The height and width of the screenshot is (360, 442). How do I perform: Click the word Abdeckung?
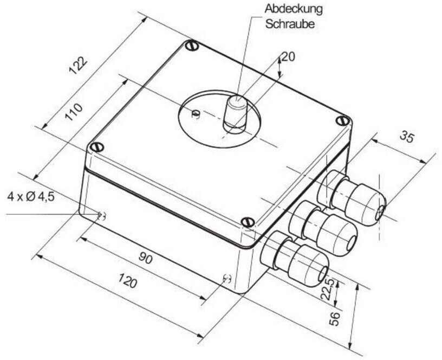294,9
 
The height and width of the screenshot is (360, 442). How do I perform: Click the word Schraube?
290,24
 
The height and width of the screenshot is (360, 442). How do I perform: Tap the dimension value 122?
79,68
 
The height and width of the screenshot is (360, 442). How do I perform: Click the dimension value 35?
407,137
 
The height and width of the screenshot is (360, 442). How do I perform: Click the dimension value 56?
334,317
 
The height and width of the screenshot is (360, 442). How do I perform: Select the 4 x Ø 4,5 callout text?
31,196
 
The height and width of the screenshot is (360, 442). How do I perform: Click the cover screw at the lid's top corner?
191,47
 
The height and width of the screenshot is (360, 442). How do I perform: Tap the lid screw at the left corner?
97,147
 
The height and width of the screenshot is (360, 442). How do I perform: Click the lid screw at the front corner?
247,222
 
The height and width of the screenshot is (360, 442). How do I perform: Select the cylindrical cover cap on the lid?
236,113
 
